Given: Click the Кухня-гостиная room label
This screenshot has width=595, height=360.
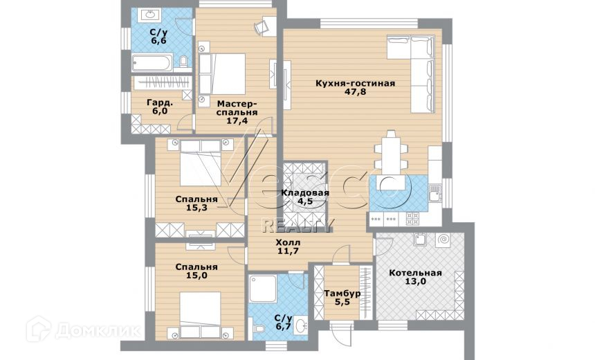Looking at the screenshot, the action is (355, 83).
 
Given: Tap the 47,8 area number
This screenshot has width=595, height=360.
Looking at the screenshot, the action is (355, 91).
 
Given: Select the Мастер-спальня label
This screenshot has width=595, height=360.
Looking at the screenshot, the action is (237, 108).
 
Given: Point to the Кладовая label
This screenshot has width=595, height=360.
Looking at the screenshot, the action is (305, 193).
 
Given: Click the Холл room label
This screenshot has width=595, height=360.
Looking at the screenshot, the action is (288, 242).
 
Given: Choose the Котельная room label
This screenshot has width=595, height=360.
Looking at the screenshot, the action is (415, 273).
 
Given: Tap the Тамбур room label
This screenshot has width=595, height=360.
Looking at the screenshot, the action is (342, 294).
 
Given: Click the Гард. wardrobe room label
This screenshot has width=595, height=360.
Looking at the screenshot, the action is (160, 102).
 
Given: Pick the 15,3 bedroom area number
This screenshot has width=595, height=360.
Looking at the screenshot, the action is (196, 208).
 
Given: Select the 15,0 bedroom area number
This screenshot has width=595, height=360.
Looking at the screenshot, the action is (196, 276).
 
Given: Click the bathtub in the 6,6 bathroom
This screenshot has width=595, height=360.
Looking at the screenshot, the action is (152, 63).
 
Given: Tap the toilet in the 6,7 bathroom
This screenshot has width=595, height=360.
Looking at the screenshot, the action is (257, 329).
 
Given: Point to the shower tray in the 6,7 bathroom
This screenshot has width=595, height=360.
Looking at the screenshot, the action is (263, 289).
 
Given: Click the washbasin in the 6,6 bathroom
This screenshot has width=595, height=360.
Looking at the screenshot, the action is (150, 15).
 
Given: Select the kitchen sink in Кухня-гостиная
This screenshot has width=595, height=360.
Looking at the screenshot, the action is (434, 193).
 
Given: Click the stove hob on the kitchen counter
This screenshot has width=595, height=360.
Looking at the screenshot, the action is (413, 219).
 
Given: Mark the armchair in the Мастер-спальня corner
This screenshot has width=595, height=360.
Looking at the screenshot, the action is (262, 26).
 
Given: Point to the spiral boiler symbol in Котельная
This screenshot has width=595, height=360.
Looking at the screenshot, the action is (443, 240).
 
